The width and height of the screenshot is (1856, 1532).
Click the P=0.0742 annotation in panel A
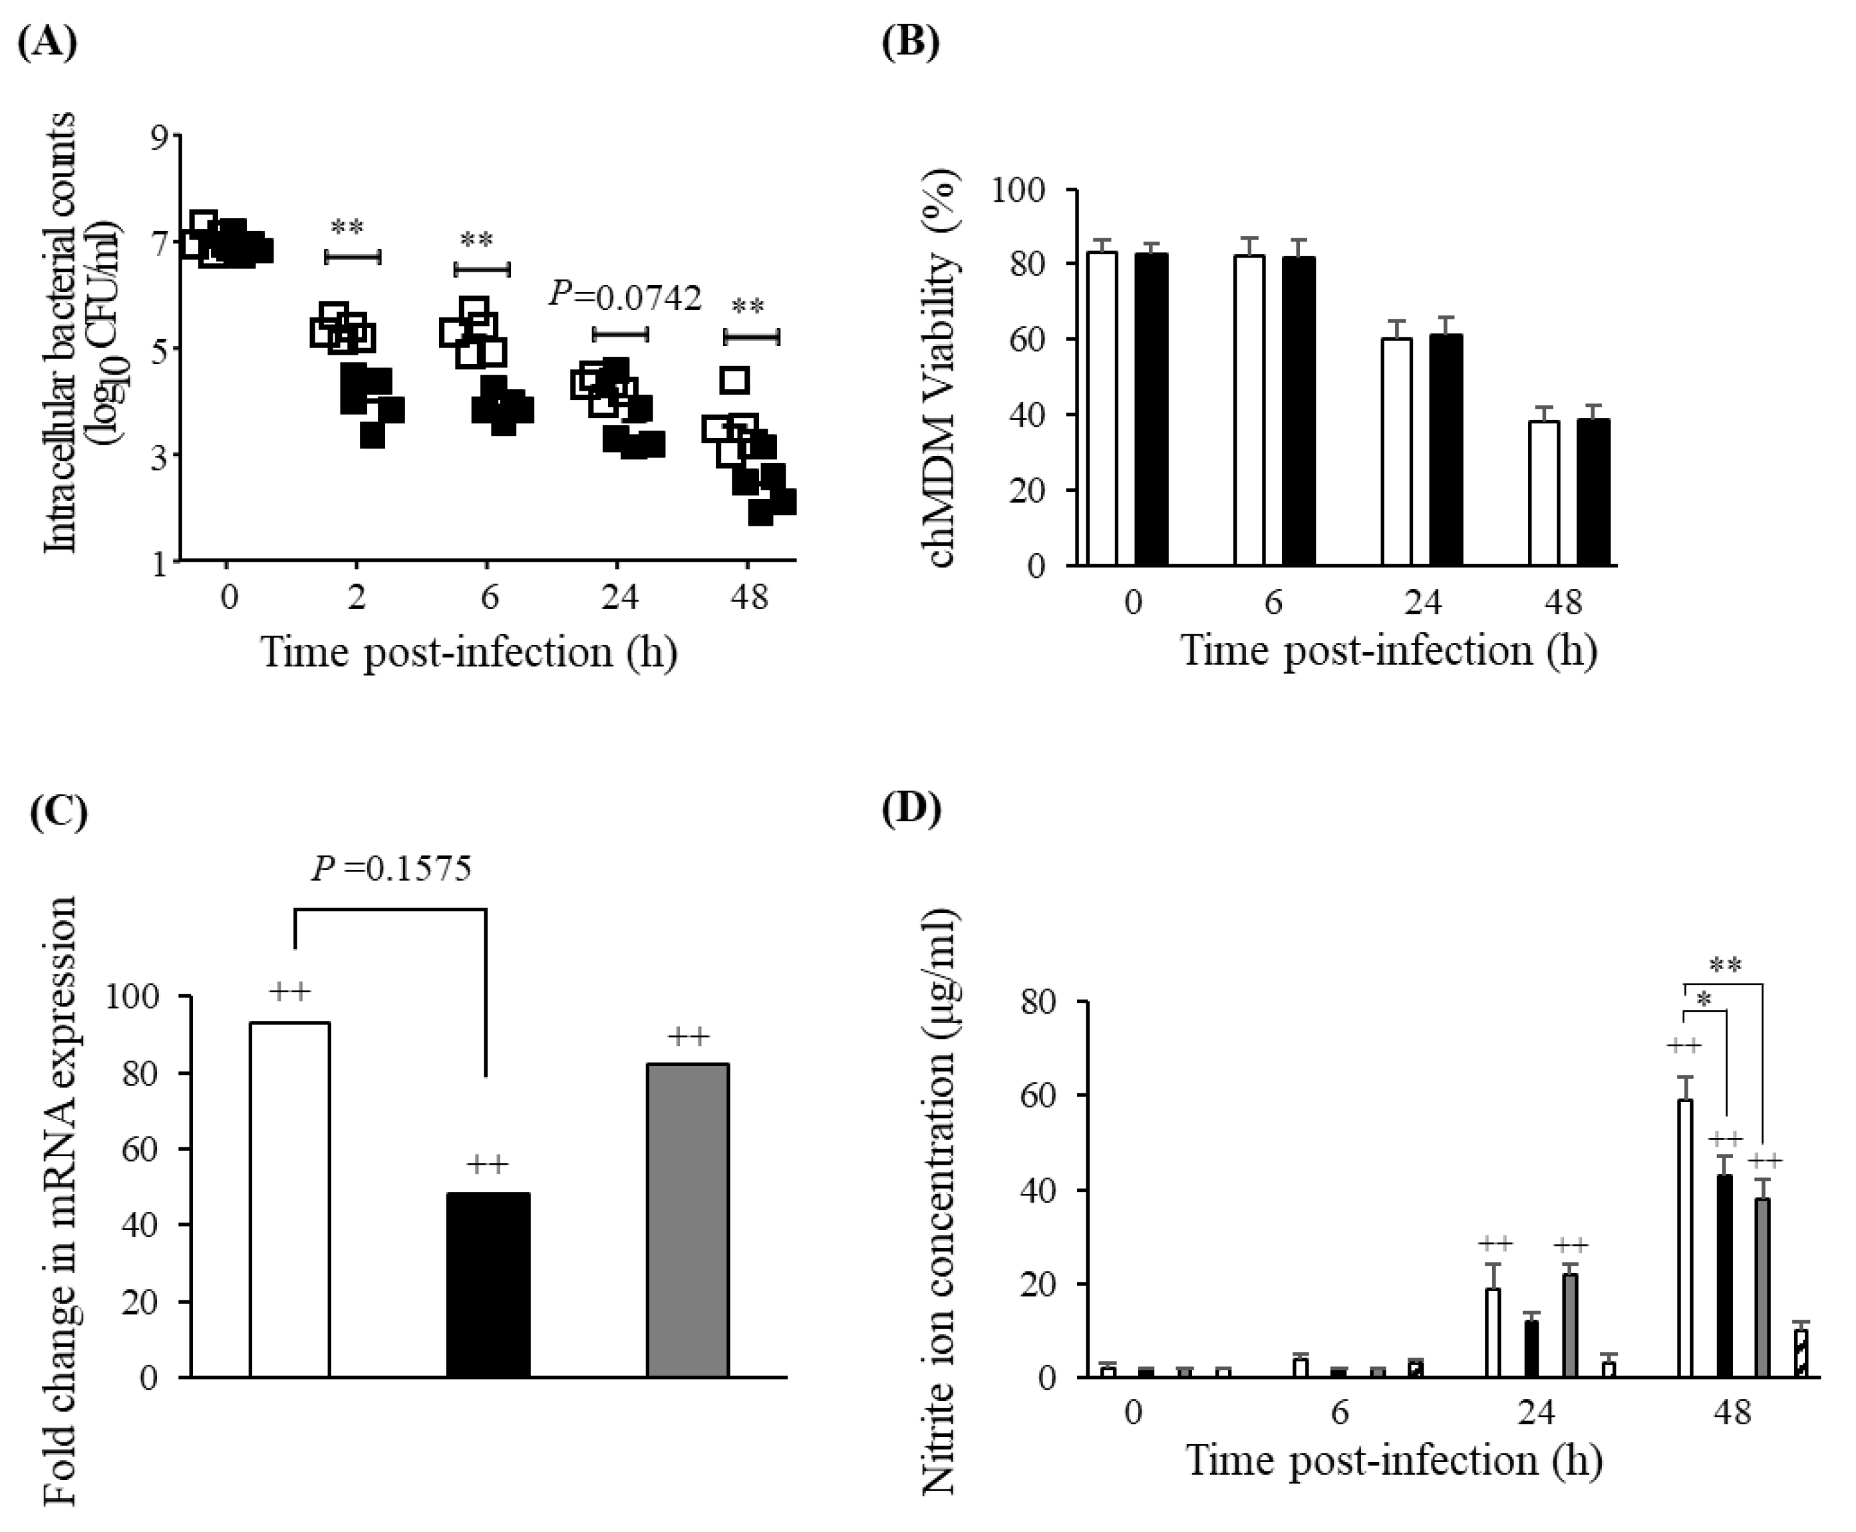click(625, 297)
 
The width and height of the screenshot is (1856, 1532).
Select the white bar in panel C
click(289, 1199)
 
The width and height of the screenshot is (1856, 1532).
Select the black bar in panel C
click(488, 1284)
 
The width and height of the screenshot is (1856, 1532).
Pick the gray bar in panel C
click(687, 1220)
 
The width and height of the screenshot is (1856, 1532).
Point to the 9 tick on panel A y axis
click(160, 136)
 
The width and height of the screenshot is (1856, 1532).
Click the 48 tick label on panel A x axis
click(749, 598)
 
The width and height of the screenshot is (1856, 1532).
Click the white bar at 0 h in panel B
click(1103, 408)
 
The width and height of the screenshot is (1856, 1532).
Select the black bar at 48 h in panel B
click(1593, 492)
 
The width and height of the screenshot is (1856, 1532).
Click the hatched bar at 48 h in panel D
click(1800, 1353)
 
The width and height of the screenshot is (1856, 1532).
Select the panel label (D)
click(910, 807)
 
